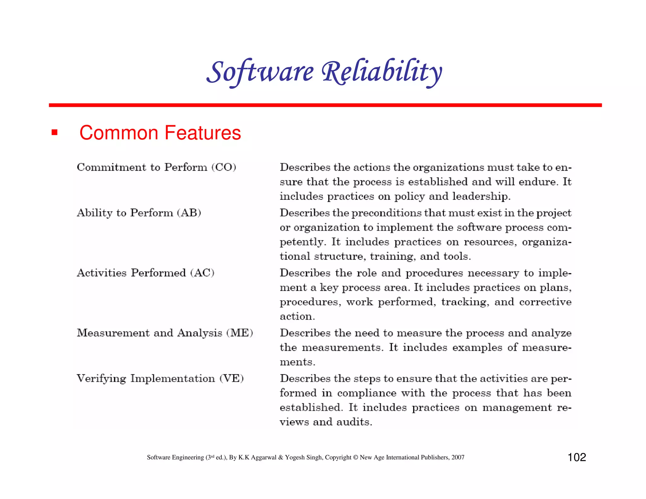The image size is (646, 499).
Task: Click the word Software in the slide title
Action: point(261,72)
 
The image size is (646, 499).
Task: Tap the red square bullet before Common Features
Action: point(55,132)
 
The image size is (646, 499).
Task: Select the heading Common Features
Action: point(160,132)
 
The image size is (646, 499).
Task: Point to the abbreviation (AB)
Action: point(189,213)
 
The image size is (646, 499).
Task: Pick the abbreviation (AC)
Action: point(202,273)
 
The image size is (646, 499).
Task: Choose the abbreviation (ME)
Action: point(240,333)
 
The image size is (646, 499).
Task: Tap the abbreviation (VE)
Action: point(232,379)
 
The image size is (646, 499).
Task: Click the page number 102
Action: point(577,457)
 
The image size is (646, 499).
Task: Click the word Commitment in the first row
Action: point(111,167)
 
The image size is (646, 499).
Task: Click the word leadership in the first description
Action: point(481,197)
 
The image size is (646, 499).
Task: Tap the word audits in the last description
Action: point(354,422)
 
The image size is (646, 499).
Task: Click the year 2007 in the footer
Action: point(458,457)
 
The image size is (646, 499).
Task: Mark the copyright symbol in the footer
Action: point(355,457)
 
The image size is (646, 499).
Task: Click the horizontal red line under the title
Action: point(325,105)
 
